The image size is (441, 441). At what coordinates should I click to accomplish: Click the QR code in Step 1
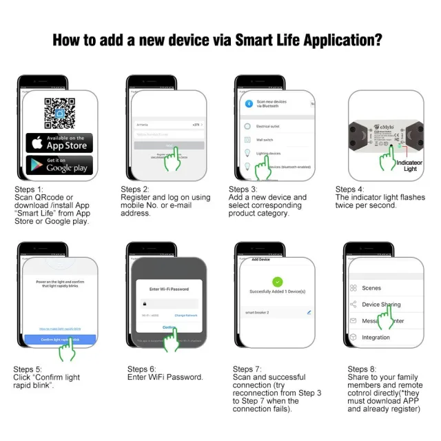click(x=59, y=112)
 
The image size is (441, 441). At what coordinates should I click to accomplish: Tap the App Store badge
click(x=59, y=143)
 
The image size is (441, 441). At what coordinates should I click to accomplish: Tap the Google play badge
click(x=59, y=165)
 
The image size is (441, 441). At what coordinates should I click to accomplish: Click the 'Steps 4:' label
click(x=349, y=189)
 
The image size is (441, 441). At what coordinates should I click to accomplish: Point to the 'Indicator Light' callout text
click(x=410, y=165)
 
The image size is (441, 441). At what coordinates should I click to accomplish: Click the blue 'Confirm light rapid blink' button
click(x=59, y=339)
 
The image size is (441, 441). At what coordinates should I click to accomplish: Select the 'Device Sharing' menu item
click(x=381, y=304)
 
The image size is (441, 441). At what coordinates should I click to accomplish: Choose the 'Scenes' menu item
click(x=371, y=288)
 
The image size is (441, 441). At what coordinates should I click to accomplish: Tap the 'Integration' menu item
click(x=376, y=338)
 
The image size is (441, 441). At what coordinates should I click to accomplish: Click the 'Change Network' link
click(x=186, y=315)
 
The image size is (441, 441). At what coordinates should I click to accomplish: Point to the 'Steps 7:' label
click(x=247, y=369)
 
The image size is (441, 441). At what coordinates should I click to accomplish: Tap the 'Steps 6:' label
click(x=142, y=369)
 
